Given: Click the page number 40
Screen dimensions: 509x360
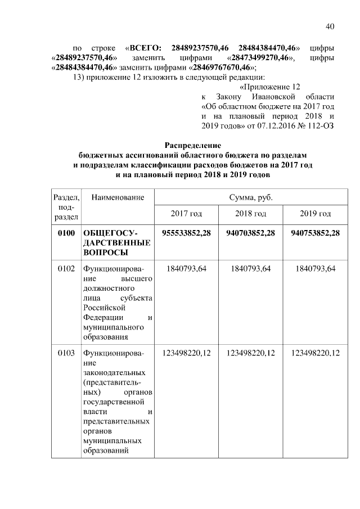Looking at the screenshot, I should [x=330, y=26].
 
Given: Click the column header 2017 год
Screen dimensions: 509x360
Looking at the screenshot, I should [x=186, y=214].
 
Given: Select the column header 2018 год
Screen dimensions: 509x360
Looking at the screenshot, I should [x=251, y=214].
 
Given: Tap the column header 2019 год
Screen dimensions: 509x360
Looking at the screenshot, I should [x=316, y=214].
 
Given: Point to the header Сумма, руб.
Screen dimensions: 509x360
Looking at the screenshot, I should [x=251, y=197].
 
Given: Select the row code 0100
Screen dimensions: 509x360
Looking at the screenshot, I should [x=66, y=233].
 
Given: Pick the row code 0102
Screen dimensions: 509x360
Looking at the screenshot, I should [x=66, y=269].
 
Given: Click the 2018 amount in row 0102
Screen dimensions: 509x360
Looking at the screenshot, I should [x=251, y=269].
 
